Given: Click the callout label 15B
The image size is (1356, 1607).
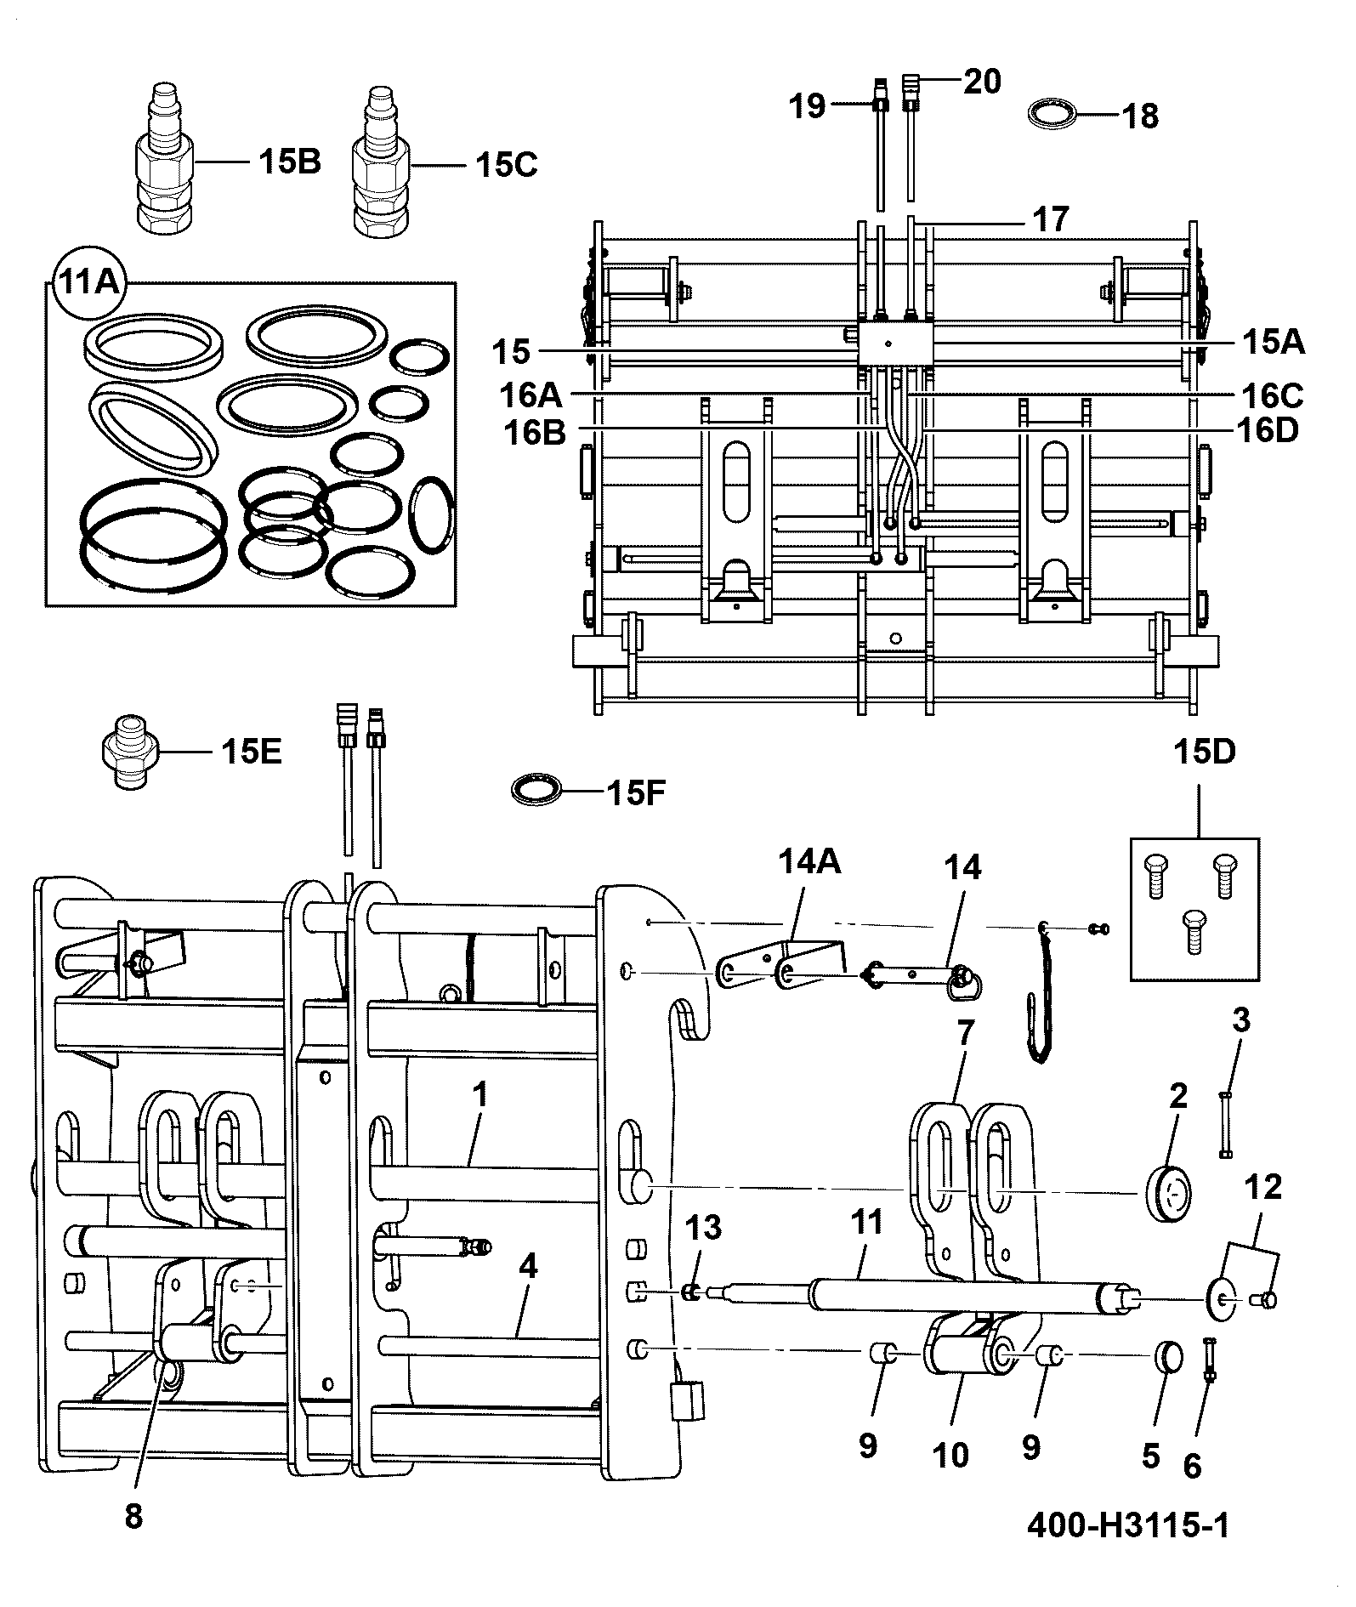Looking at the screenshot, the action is point(289,162).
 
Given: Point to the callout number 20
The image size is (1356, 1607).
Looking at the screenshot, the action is point(982,82).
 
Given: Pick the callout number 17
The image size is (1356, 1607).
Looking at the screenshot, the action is point(1050,219).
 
